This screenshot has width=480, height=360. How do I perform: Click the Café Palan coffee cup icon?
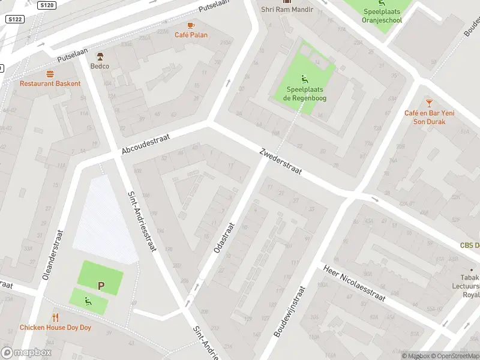click(x=191, y=25)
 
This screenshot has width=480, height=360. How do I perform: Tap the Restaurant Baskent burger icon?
click(x=50, y=74)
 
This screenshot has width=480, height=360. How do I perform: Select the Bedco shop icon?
click(x=100, y=56)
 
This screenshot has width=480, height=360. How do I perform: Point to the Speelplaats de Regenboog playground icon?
click(x=304, y=79)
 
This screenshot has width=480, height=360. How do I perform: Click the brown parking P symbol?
click(x=101, y=286)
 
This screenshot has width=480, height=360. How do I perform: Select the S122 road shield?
click(x=14, y=19)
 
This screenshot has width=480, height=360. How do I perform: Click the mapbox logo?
click(x=26, y=353)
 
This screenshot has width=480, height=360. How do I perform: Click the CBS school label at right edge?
click(x=469, y=245)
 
